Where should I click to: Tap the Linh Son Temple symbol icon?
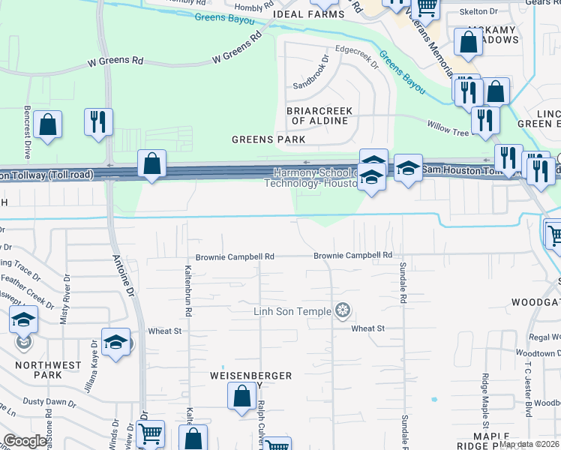[x=343, y=310]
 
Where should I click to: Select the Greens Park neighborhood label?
[x=268, y=139]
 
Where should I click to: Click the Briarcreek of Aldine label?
[x=320, y=115]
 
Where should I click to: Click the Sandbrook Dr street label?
[x=311, y=72]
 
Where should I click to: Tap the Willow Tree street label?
[x=448, y=128]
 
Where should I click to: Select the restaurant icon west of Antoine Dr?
[x=98, y=122]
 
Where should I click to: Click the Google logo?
[x=25, y=441]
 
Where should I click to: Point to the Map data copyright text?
[x=529, y=444]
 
